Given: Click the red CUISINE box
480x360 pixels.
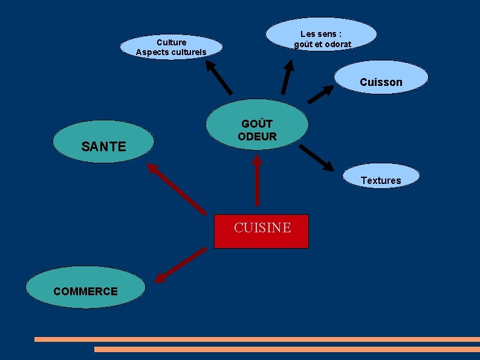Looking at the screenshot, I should click(261, 231).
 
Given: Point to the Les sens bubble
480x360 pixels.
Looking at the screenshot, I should click(322, 35).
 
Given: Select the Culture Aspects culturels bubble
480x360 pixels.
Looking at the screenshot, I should click(171, 47).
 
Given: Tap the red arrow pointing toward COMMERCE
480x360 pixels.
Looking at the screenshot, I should click(180, 264).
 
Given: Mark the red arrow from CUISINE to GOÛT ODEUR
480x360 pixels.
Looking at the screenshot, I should click(257, 182).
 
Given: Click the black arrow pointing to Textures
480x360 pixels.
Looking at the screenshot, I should click(316, 157).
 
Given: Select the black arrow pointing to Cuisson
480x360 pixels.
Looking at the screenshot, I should click(320, 94).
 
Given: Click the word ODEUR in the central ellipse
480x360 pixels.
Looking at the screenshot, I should click(257, 137).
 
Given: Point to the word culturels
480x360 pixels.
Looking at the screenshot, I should click(187, 52).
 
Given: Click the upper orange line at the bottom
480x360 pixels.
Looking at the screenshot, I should click(257, 339).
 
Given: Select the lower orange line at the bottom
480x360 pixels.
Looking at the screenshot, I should click(287, 349).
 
